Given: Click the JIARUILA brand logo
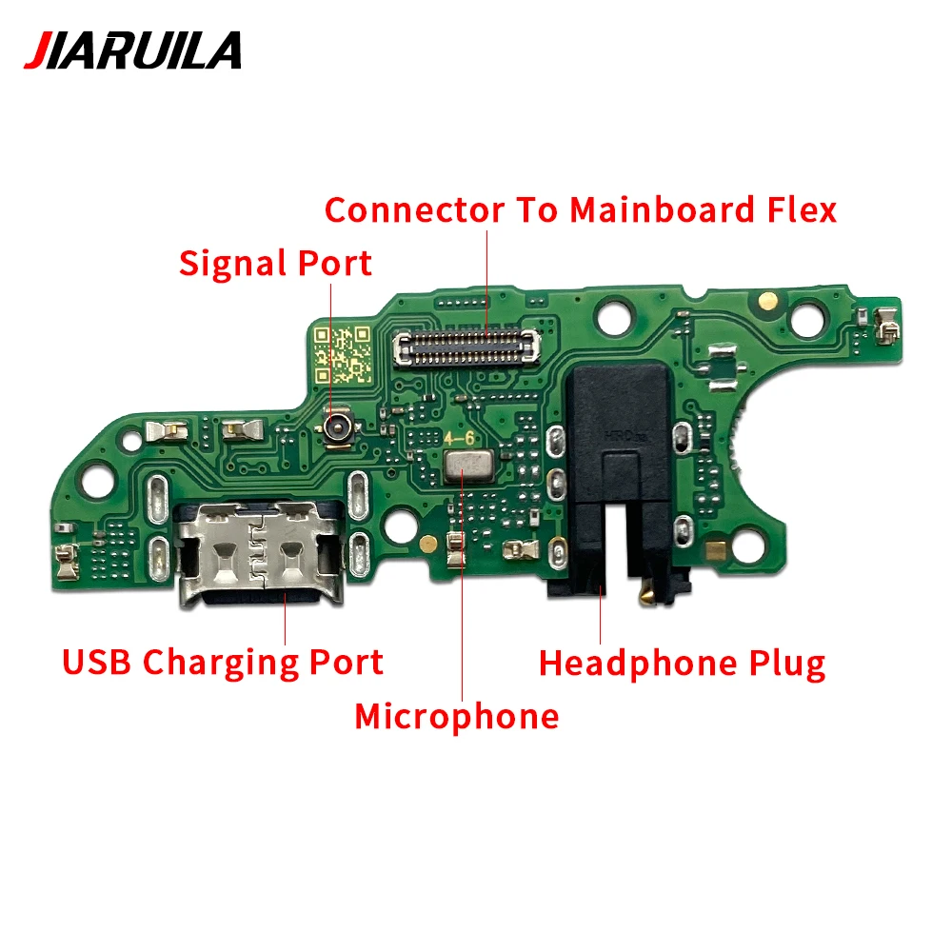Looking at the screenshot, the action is [x=132, y=50].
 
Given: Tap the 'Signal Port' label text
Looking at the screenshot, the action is [x=275, y=263].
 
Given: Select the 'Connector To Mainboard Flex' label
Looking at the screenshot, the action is [x=580, y=209].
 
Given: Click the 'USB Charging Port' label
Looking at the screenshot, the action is [x=223, y=661].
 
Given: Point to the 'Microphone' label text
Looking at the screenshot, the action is [x=456, y=716].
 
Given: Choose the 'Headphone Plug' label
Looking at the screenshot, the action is [x=682, y=663].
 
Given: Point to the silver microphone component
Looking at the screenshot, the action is [x=465, y=464].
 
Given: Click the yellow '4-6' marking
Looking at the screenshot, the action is [x=459, y=439].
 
